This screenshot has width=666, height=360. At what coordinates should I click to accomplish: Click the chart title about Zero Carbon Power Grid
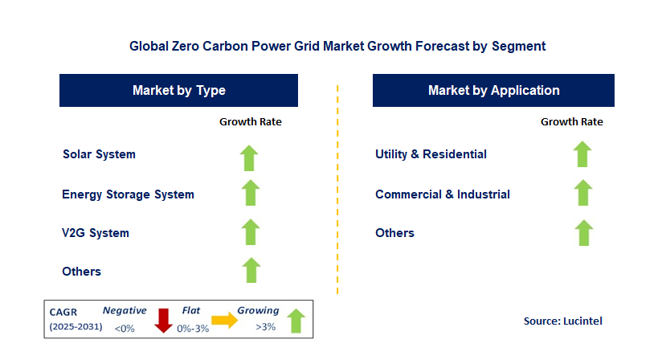pyautogui.click(x=337, y=47)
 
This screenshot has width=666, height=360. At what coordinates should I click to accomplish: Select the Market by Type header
pyautogui.click(x=178, y=91)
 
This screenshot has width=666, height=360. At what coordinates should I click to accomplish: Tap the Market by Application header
pyautogui.click(x=493, y=91)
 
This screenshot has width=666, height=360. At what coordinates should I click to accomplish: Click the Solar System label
pyautogui.click(x=99, y=153)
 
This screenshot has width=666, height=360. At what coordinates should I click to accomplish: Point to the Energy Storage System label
pyautogui.click(x=128, y=194)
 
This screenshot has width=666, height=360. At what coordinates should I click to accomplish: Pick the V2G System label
pyautogui.click(x=96, y=233)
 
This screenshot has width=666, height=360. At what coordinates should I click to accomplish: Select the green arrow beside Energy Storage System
pyautogui.click(x=251, y=194)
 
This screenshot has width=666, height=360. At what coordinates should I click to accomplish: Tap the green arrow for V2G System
pyautogui.click(x=251, y=232)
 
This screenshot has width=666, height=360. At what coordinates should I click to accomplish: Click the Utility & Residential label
pyautogui.click(x=431, y=153)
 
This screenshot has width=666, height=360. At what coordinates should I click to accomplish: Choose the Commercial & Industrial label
pyautogui.click(x=443, y=194)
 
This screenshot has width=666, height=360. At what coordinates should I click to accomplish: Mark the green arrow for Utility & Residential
pyautogui.click(x=583, y=154)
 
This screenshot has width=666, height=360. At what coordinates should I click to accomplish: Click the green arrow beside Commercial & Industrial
pyautogui.click(x=583, y=194)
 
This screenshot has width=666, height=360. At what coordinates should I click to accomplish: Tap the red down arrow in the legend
pyautogui.click(x=164, y=320)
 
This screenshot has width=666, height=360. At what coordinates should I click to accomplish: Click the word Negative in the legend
pyautogui.click(x=125, y=310)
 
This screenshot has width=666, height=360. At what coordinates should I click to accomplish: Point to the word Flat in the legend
pyautogui.click(x=190, y=310)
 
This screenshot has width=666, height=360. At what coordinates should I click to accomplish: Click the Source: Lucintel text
pyautogui.click(x=562, y=321)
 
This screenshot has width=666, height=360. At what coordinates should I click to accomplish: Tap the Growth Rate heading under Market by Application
pyautogui.click(x=572, y=122)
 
